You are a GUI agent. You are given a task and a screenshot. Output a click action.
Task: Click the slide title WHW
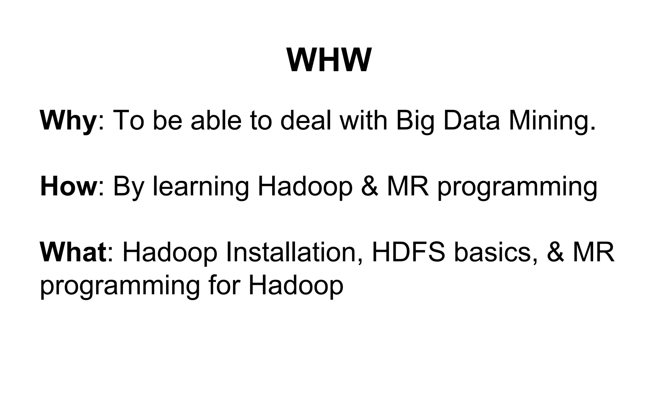click(329, 61)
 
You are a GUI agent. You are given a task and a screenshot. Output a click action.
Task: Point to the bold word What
click(73, 252)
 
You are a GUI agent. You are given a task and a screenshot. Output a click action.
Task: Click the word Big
click(415, 121)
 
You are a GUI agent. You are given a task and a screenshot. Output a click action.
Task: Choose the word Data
click(472, 120)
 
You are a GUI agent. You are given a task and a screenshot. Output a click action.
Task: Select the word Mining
click(553, 121)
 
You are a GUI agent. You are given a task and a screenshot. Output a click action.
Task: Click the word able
click(216, 120)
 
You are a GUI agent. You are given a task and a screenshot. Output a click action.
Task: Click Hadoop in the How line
click(305, 187)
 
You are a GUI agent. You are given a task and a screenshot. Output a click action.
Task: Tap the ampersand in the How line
click(369, 187)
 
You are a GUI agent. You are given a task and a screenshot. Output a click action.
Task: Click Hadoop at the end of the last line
click(296, 286)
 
